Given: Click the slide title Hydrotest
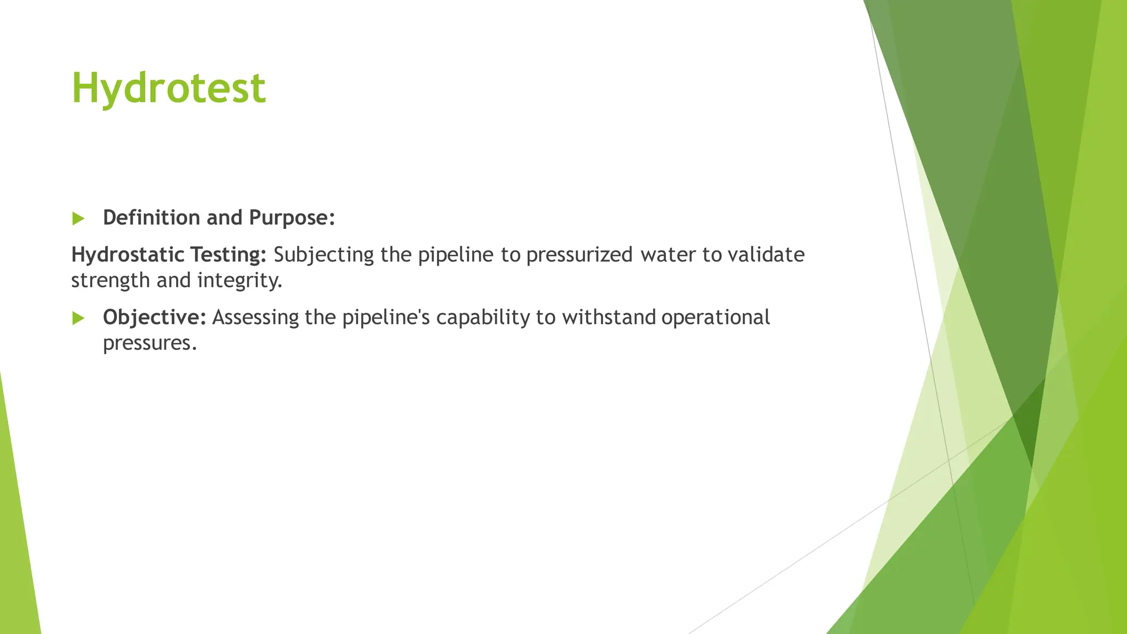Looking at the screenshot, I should pos(168,88).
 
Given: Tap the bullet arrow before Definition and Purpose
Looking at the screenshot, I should pos(78,219).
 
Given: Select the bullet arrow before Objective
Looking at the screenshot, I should pos(78,318).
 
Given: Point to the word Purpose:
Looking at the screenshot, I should pos(292,218).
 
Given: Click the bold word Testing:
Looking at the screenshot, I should pos(228,255).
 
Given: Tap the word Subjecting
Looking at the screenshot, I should pos(324,255).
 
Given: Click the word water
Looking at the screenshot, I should pos(668,255).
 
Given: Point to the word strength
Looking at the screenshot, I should pos(111,281).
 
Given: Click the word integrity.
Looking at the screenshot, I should pos(239,281).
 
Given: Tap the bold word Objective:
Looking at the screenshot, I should pos(154,318).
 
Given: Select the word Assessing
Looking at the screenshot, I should pos(255,318).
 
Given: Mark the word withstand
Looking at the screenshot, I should pos(609,318).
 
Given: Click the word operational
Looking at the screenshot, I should pos(715,318).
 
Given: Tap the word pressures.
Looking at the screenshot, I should pos(150,343).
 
